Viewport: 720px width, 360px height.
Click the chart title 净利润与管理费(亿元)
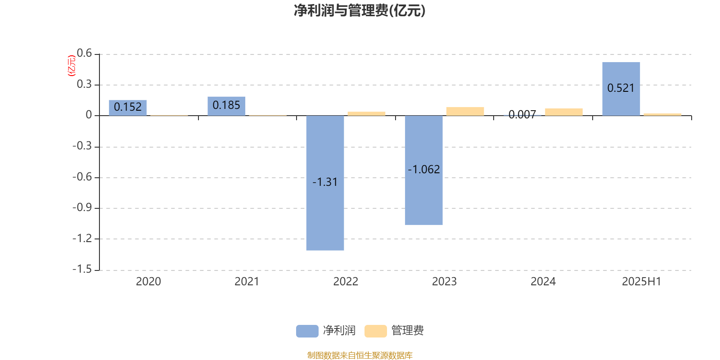(360, 11)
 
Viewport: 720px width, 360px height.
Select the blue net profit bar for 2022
(325, 183)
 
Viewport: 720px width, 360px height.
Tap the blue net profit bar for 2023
(423, 170)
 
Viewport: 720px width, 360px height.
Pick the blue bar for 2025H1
(621, 89)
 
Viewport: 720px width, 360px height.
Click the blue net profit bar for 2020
(128, 108)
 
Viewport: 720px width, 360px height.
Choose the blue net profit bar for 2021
(226, 106)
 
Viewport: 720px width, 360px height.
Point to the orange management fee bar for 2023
(465, 111)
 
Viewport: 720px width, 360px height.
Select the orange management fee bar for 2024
(564, 112)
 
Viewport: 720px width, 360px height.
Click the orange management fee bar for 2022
(366, 113)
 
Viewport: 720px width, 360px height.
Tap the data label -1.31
(325, 182)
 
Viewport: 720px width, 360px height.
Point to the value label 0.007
(522, 114)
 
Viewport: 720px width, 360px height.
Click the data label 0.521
(621, 88)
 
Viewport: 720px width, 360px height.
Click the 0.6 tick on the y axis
(84, 53)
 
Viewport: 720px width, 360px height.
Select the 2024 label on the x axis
(543, 282)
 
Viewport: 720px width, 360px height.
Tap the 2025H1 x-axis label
(642, 282)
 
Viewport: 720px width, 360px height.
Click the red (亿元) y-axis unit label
(72, 66)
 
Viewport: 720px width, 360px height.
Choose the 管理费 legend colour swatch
(375, 331)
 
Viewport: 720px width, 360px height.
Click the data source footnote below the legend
(360, 355)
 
